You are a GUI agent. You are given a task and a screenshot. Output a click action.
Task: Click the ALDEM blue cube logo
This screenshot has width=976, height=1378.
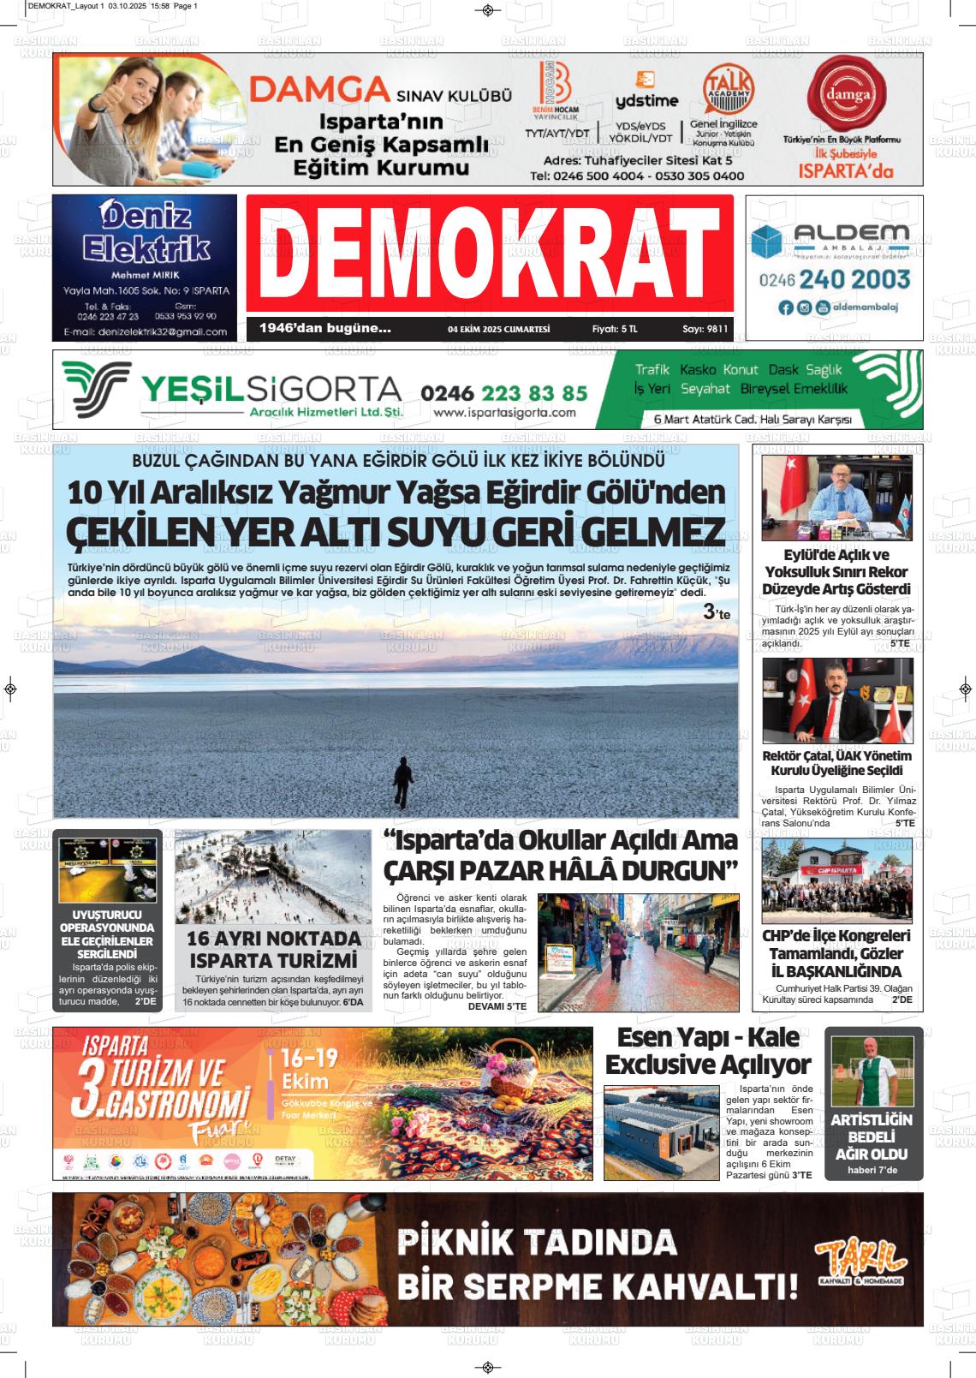pyautogui.click(x=768, y=241)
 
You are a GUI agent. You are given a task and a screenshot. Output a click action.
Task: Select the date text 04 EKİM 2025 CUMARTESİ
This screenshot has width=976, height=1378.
pyautogui.click(x=498, y=329)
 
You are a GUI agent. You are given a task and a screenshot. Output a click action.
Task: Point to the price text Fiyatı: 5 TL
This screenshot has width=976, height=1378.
pyautogui.click(x=615, y=329)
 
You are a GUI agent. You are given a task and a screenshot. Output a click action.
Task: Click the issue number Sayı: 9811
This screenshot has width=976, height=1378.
pyautogui.click(x=705, y=329)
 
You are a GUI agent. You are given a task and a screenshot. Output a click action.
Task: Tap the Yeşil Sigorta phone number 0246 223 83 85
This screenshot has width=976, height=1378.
pyautogui.click(x=504, y=392)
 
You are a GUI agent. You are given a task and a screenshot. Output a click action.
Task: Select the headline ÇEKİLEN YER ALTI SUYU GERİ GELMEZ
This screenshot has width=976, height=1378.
pyautogui.click(x=395, y=532)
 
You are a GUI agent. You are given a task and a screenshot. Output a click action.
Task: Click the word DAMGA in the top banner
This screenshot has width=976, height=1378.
pyautogui.click(x=320, y=89)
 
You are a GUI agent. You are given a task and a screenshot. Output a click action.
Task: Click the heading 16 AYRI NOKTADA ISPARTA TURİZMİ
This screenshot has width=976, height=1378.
pyautogui.click(x=273, y=949)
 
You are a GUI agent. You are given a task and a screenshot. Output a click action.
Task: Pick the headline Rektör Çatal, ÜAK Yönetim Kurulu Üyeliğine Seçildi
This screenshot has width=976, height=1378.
pyautogui.click(x=836, y=762)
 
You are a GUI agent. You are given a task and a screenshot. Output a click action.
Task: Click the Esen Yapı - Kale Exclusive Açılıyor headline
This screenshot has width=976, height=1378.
pyautogui.click(x=708, y=1051)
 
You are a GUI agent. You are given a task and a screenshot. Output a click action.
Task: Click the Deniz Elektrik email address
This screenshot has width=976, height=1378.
pyautogui.click(x=146, y=331)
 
